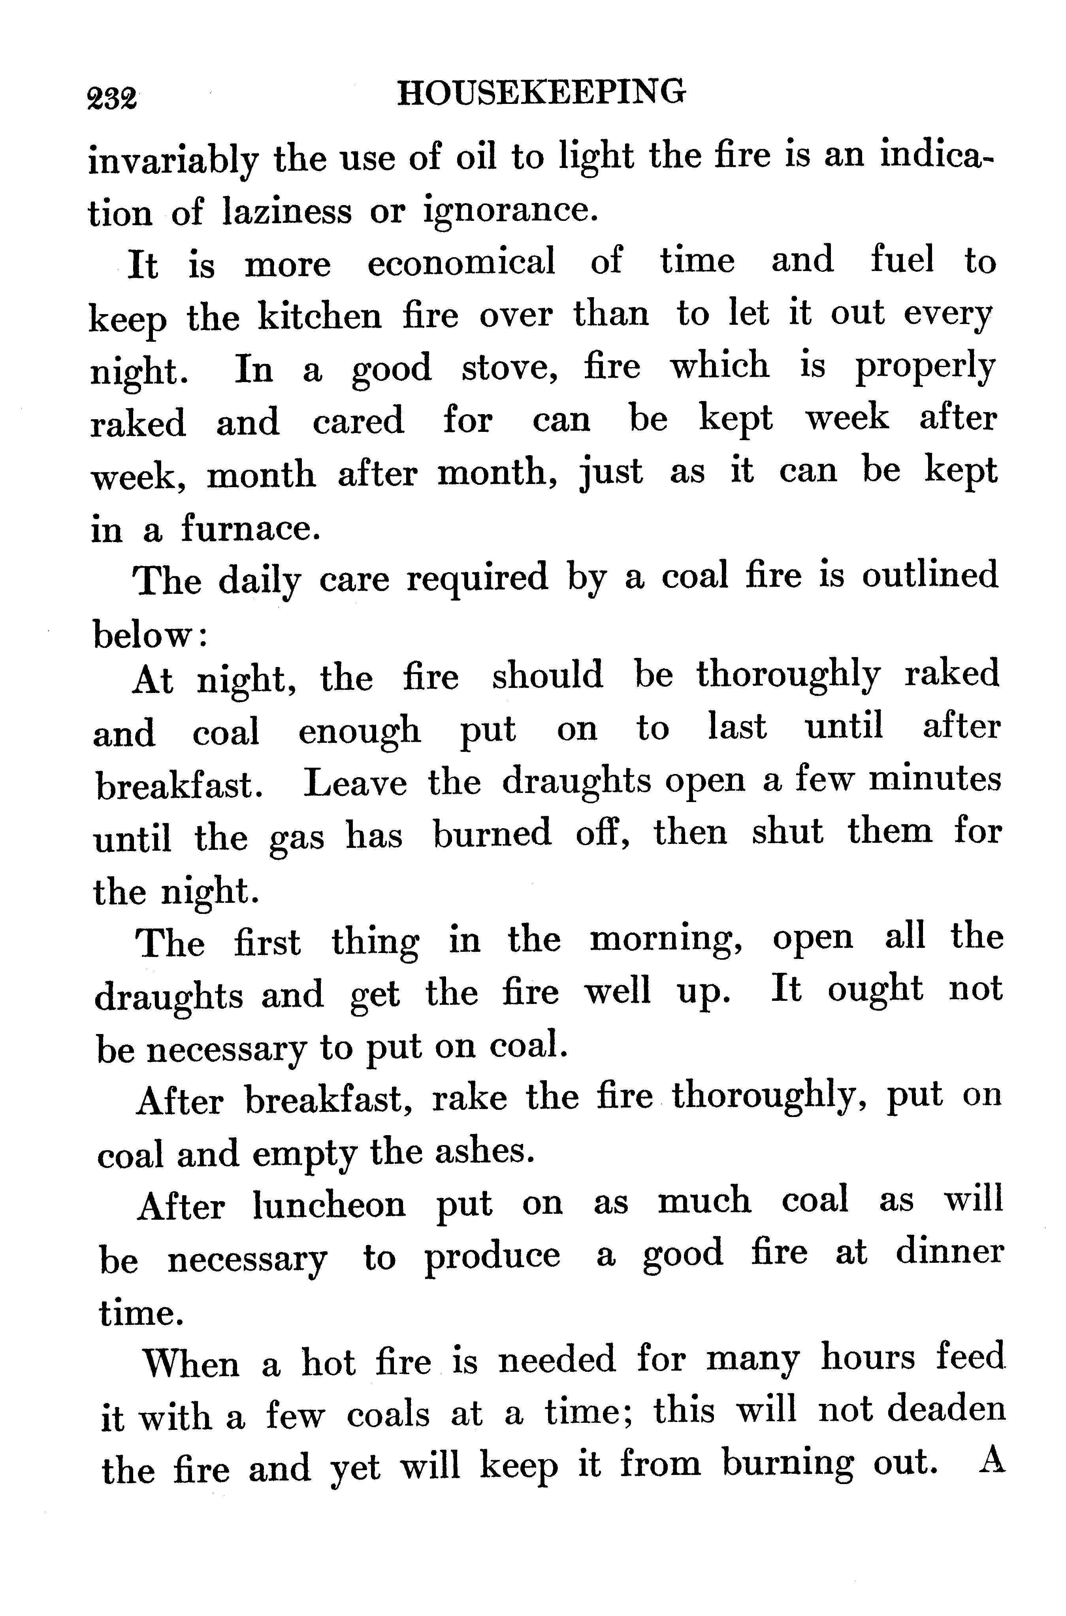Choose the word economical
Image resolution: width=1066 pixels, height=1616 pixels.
coord(461,262)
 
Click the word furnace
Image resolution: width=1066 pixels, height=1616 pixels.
coord(249,529)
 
